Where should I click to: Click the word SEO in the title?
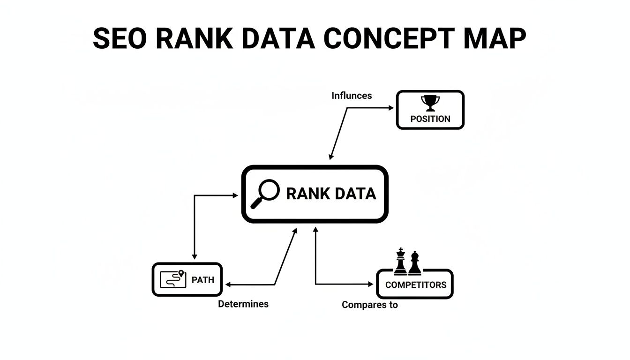(x=120, y=38)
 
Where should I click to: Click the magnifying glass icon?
(x=265, y=194)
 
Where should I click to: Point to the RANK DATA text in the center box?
(x=330, y=194)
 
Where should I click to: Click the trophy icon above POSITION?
(x=430, y=102)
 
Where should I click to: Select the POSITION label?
(x=430, y=119)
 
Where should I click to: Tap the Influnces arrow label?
(x=352, y=96)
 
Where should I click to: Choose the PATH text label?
(x=203, y=280)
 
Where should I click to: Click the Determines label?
(x=243, y=304)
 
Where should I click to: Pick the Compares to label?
(x=369, y=305)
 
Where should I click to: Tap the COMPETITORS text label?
(x=415, y=285)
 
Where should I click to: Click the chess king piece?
(x=400, y=261)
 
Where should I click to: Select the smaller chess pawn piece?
(x=414, y=263)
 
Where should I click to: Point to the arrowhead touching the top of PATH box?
(x=194, y=256)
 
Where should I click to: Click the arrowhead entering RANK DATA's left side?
(x=236, y=195)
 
